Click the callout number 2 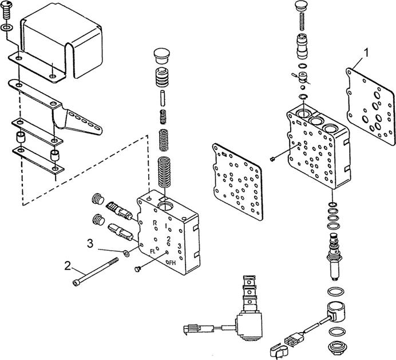click(x=67, y=266)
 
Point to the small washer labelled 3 click(x=125, y=251)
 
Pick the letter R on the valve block click(x=155, y=222)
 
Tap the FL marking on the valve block click(x=153, y=251)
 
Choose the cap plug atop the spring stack click(x=160, y=57)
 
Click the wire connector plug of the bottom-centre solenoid click(x=192, y=329)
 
